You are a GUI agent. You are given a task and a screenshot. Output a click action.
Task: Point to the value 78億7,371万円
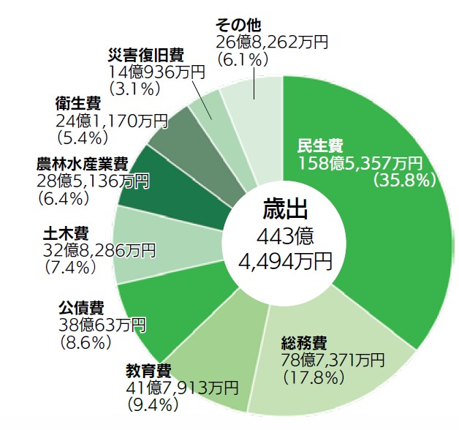[333, 360]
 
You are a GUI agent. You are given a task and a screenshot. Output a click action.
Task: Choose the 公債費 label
[80, 306]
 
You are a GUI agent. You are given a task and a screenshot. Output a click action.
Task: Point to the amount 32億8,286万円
[99, 251]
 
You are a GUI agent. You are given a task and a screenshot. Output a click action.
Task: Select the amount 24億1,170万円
[112, 119]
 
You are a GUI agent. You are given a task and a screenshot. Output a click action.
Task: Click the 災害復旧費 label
[144, 54]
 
